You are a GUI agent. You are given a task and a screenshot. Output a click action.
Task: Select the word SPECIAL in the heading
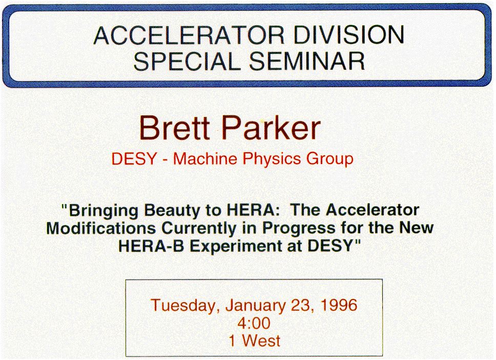(187, 61)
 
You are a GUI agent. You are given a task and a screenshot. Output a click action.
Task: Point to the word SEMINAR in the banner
(307, 61)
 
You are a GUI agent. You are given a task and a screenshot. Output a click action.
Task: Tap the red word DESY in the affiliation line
(134, 158)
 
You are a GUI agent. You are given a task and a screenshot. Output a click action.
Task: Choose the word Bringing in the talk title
(103, 211)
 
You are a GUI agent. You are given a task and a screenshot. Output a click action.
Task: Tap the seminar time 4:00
(254, 323)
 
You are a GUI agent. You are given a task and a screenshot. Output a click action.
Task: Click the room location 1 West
(254, 341)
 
